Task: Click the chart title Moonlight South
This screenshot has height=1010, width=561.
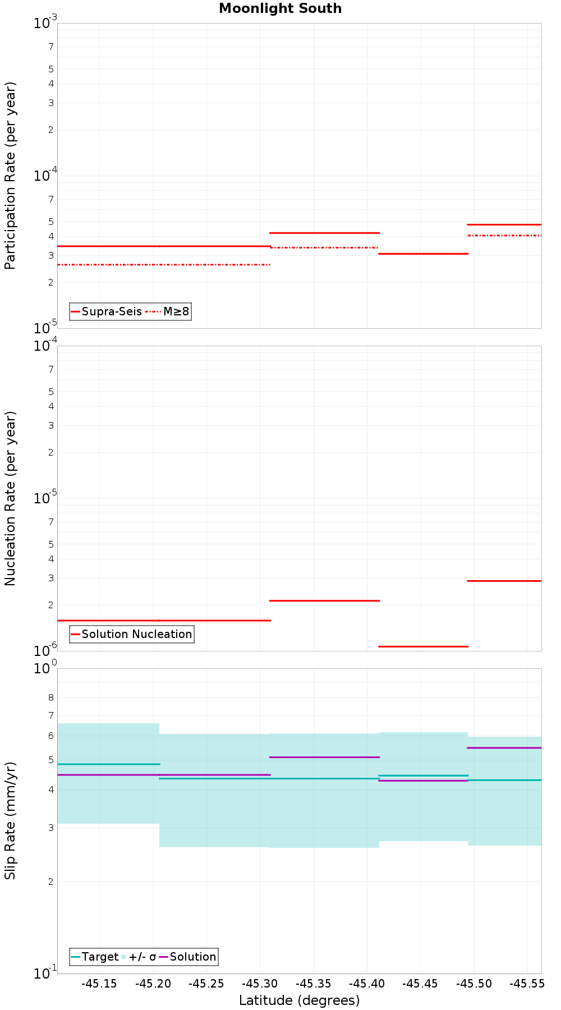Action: tap(280, 8)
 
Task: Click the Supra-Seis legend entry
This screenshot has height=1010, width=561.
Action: tap(111, 311)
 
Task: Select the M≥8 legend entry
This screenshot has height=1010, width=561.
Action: tap(176, 311)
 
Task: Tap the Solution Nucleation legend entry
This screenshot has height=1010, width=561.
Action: tap(136, 634)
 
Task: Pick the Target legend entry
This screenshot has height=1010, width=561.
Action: tap(100, 957)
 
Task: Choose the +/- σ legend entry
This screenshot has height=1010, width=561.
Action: tap(142, 957)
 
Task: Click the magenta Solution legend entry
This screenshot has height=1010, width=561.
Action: tap(192, 957)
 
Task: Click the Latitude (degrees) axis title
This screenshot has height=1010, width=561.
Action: tap(299, 1000)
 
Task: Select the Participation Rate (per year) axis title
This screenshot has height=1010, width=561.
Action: tap(10, 176)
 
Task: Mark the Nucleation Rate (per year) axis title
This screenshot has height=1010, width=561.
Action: tap(10, 498)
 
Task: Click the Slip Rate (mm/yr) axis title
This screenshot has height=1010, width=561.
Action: tap(10, 820)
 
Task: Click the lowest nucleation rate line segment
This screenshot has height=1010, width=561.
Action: tap(424, 646)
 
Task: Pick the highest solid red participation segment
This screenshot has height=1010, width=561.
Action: tap(504, 224)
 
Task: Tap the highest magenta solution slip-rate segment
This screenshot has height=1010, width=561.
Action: tap(504, 748)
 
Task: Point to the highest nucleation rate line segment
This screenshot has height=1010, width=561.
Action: tap(504, 581)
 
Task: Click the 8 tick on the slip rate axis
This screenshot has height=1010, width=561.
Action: tap(51, 698)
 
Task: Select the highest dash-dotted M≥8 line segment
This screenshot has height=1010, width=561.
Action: tap(504, 236)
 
